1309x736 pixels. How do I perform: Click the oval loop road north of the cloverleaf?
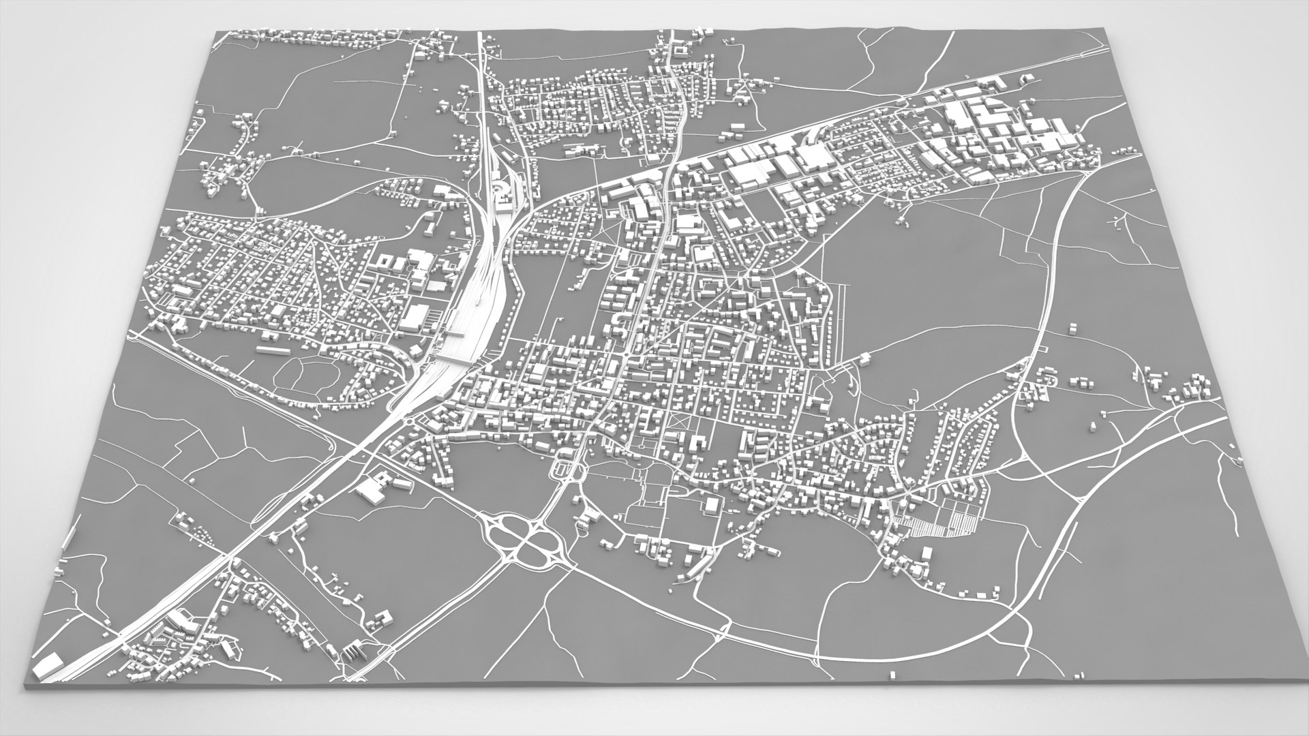click(564, 469)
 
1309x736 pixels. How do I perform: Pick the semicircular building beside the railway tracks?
click(498, 187)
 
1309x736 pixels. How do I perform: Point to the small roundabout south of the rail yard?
click(408, 420)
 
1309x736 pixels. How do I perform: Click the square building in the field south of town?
click(712, 504)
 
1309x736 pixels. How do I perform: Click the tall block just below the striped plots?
click(927, 550)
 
